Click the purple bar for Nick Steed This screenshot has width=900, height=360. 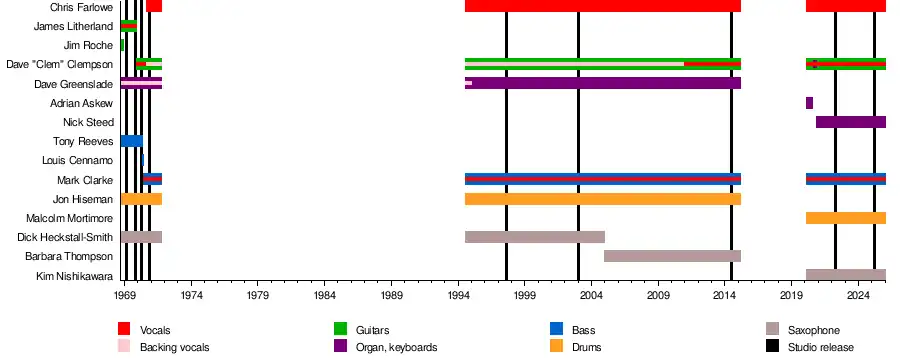tap(851, 122)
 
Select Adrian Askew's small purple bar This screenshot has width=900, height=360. tap(809, 103)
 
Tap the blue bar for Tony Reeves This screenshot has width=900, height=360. tap(131, 141)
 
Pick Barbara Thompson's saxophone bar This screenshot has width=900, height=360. tap(672, 256)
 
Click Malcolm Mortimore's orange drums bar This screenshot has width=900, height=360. tap(846, 218)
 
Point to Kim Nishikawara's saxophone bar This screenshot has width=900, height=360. tap(846, 275)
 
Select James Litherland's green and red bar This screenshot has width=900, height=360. tap(129, 26)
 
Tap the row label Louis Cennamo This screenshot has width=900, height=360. tap(77, 160)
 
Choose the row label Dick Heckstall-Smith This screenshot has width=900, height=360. tap(65, 237)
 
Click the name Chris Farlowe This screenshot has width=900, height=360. tap(82, 7)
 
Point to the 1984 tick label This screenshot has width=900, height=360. tap(325, 296)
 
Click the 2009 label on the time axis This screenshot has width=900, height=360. tap(658, 296)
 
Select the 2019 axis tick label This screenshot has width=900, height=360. tap(792, 296)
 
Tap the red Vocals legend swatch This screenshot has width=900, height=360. tap(124, 328)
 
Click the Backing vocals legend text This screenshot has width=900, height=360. tap(174, 347)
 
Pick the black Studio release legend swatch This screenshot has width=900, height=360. tap(772, 346)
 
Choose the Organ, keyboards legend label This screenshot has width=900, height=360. tap(397, 347)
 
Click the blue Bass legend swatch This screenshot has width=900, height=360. tap(556, 328)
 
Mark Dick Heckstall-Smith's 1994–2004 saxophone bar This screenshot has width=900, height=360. tap(535, 237)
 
